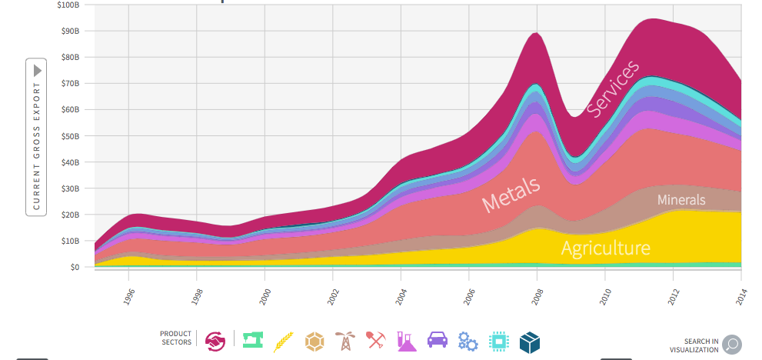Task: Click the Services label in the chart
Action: [x=613, y=88]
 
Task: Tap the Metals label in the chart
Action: [x=511, y=195]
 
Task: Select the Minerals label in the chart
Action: [x=681, y=200]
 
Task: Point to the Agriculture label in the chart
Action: [x=605, y=248]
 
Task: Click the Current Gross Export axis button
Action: [x=36, y=137]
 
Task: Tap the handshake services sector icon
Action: [x=215, y=342]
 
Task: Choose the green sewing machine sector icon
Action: [x=253, y=340]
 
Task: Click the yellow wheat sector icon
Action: [x=284, y=342]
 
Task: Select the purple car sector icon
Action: [x=438, y=339]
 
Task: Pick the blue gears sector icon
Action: [x=468, y=342]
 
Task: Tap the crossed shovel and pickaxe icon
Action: [x=376, y=340]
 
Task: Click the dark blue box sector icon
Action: [x=530, y=342]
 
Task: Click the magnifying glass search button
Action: [x=732, y=345]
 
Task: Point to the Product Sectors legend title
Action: [x=175, y=338]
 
